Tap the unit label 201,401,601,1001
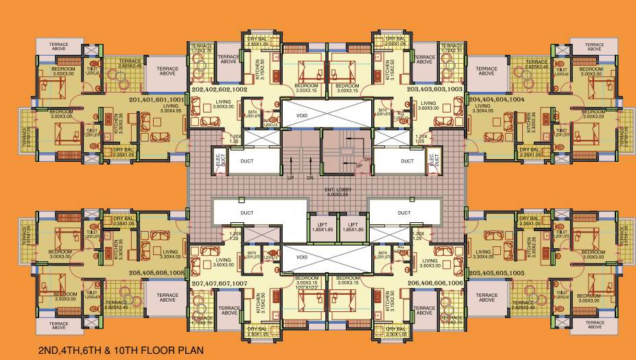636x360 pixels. pyautogui.click(x=156, y=99)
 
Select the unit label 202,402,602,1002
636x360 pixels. pyautogui.click(x=219, y=90)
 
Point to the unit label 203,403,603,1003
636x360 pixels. pyautogui.click(x=435, y=90)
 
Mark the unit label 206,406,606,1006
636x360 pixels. pyautogui.click(x=435, y=282)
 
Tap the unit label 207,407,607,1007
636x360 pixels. pyautogui.click(x=219, y=283)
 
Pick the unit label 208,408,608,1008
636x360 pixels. pyautogui.click(x=156, y=272)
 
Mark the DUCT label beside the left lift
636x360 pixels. pyautogui.click(x=247, y=213)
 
